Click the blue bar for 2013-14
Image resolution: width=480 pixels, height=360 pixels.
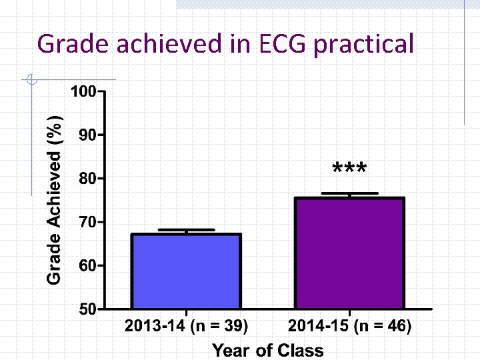coord(187,271)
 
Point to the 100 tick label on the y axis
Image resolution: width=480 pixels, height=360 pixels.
coord(83,91)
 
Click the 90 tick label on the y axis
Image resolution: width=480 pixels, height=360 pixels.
coord(87,135)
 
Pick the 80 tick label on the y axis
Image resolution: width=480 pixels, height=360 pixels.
coord(87,178)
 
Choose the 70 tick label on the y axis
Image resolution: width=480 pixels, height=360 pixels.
coord(87,221)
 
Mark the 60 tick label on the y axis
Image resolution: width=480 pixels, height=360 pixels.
coord(87,265)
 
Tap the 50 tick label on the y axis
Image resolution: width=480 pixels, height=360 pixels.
coord(87,309)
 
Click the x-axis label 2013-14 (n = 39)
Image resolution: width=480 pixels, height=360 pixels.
coord(187,327)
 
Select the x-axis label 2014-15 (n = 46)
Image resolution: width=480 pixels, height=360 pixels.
coord(349,327)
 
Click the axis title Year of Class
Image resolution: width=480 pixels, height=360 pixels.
coord(267,350)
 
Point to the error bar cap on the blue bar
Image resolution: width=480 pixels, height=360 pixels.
coord(187,230)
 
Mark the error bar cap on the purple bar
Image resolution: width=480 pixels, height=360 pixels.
coord(349,193)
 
